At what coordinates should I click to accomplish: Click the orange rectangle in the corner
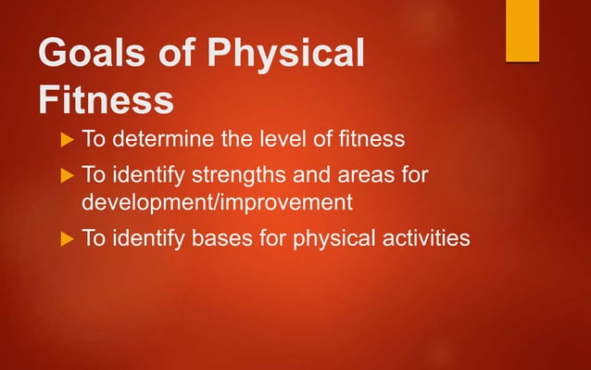[522, 31]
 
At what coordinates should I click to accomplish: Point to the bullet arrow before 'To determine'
[64, 140]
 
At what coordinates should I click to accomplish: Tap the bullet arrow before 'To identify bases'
[64, 238]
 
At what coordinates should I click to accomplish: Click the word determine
[168, 140]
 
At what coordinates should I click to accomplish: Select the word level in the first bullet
[283, 140]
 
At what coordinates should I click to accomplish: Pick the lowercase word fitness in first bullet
[371, 140]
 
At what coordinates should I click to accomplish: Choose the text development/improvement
[218, 202]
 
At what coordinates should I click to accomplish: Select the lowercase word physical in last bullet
[327, 238]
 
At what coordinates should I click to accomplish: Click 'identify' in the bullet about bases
[150, 238]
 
